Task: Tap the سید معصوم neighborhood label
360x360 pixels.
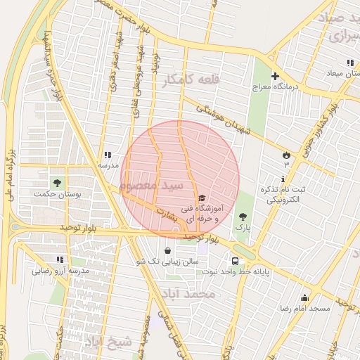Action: [151, 185]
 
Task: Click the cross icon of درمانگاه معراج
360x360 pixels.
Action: [275, 76]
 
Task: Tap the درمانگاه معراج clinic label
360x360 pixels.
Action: [276, 88]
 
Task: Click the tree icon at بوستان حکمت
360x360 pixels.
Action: [57, 183]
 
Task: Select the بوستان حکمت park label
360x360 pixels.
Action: [57, 193]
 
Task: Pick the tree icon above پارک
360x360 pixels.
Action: [243, 217]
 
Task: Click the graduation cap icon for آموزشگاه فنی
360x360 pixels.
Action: [202, 198]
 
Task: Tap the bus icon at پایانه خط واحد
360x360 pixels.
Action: [235, 261]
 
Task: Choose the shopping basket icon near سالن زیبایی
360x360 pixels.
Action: [167, 250]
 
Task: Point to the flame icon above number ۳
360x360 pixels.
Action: [286, 153]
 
